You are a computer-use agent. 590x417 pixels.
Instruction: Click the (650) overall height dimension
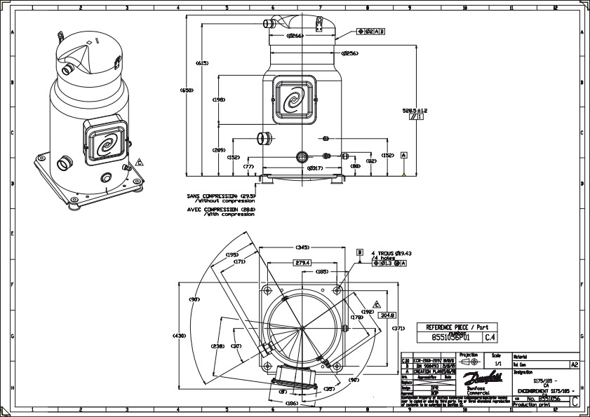coord(186,90)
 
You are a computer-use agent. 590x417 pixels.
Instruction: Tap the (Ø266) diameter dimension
coord(294,36)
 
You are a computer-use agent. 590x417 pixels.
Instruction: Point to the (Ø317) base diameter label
coord(316,168)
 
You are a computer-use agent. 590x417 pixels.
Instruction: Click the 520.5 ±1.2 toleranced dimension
coord(415,111)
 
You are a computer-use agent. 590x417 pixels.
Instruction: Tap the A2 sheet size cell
coord(574,365)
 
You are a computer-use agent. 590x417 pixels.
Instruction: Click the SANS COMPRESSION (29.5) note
coord(220,196)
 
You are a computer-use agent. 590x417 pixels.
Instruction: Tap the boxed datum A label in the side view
coord(404,154)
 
